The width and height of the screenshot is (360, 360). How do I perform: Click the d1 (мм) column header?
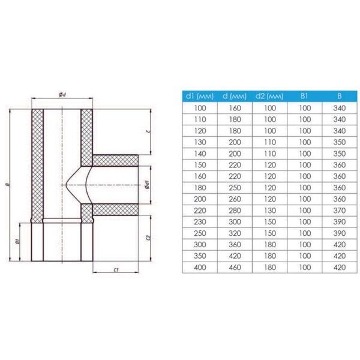200,96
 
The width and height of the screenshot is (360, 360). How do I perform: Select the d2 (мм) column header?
269,96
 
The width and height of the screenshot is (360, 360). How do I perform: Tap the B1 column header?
304,96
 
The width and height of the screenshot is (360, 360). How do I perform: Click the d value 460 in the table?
235,267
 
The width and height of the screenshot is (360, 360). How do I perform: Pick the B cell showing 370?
340,211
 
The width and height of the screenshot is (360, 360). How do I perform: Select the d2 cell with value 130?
269,211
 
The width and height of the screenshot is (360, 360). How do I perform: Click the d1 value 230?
200,222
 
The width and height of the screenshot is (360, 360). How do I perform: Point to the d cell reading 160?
235,108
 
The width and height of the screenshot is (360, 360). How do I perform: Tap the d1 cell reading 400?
200,267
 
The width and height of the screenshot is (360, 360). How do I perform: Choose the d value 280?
235,211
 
